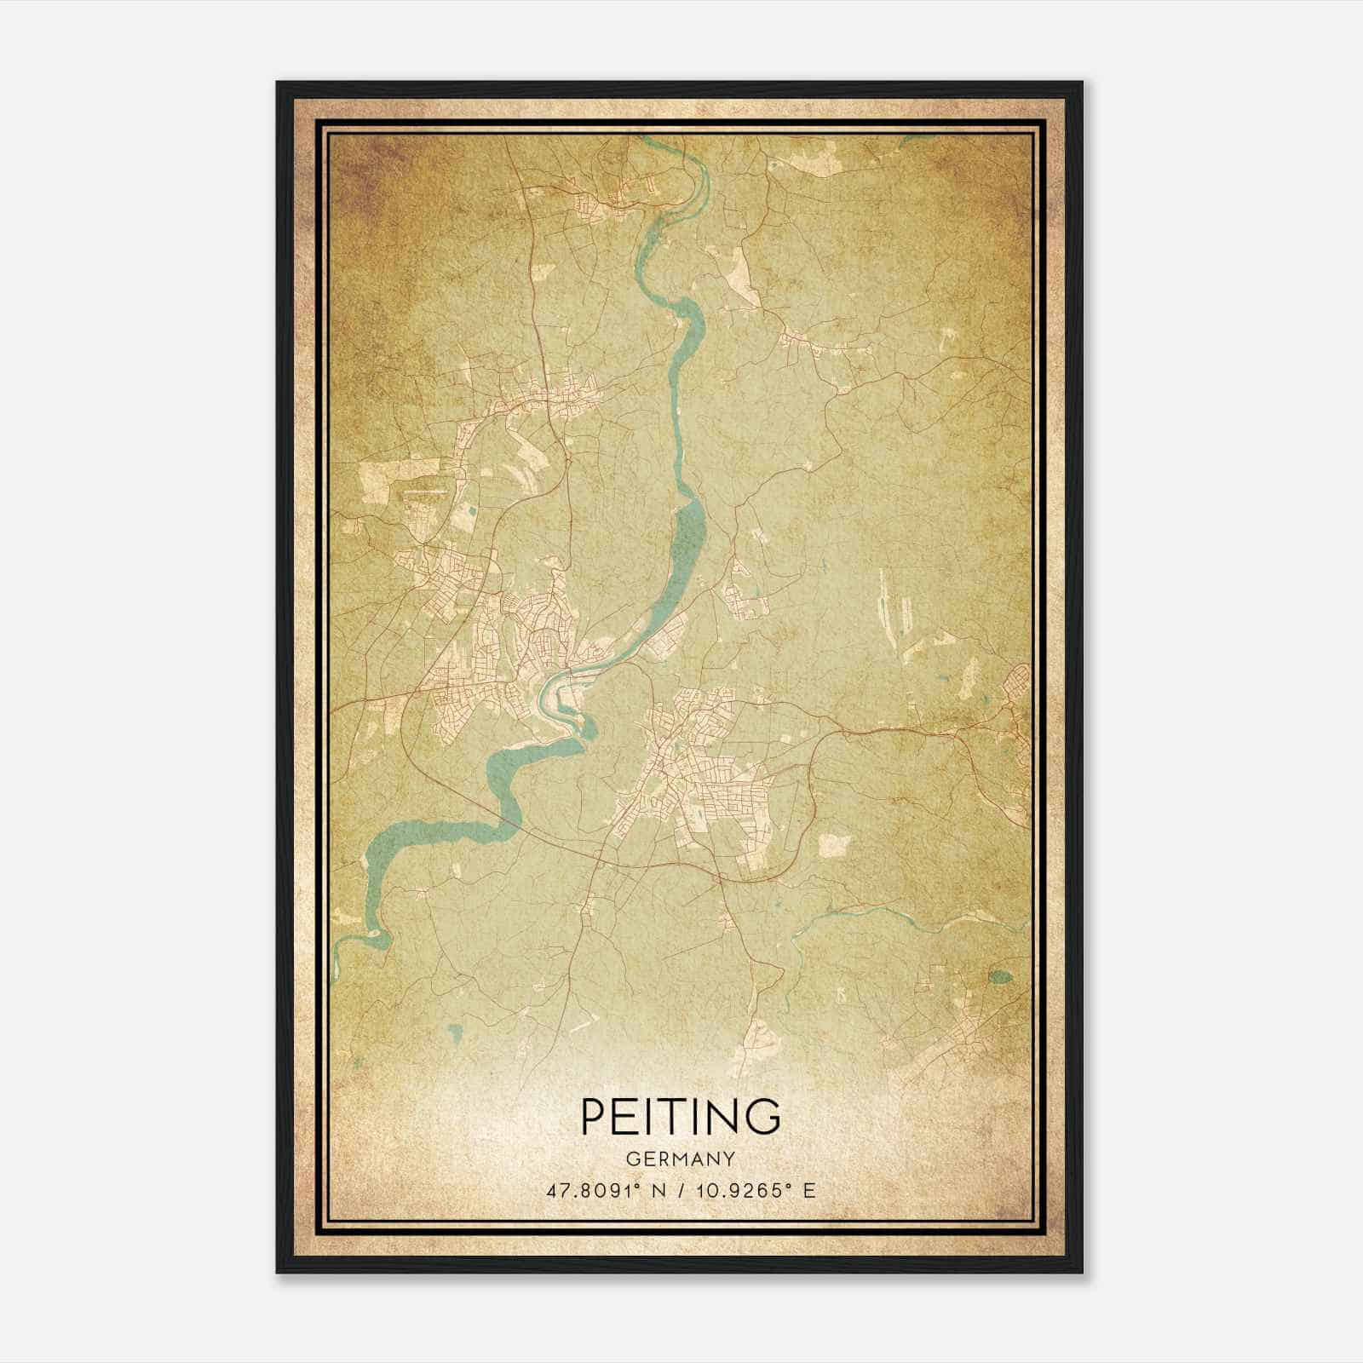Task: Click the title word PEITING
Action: tap(681, 1116)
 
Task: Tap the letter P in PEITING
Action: tap(593, 1116)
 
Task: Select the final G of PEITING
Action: tap(764, 1116)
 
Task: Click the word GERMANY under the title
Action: tap(681, 1159)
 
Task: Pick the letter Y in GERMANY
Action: tap(729, 1159)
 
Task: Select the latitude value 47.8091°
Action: tap(591, 1190)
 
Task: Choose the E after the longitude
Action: tap(809, 1190)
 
